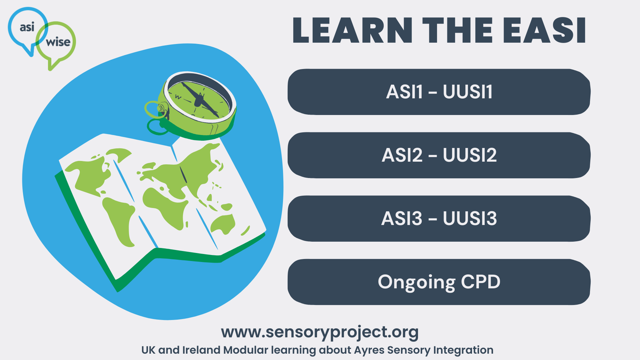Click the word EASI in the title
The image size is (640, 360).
(x=544, y=31)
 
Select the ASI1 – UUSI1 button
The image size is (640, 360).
(x=439, y=92)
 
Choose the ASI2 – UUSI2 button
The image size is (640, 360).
(x=439, y=155)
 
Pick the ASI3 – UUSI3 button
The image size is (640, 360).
(x=439, y=219)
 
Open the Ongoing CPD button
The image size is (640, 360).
(x=439, y=282)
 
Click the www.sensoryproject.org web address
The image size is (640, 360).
(x=319, y=332)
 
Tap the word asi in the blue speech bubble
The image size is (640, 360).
(x=27, y=27)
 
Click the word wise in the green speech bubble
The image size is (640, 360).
(x=58, y=42)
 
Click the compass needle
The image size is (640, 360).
(x=200, y=99)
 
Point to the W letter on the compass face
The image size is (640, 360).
(x=178, y=97)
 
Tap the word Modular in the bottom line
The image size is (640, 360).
(x=246, y=350)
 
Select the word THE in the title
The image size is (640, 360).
(x=457, y=31)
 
